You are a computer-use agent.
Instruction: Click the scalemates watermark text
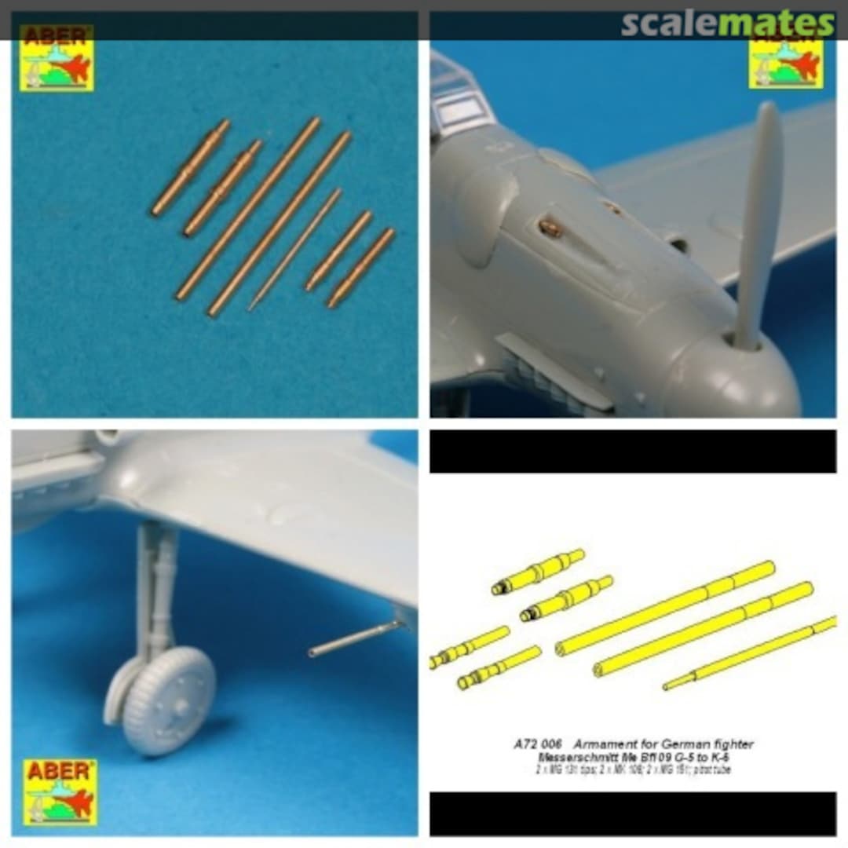point(728,24)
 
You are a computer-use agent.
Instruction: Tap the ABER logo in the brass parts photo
point(57,59)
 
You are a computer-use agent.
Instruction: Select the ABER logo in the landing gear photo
point(60,791)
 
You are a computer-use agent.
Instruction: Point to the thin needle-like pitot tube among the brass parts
point(296,249)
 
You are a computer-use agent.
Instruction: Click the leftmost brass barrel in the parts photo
point(191,167)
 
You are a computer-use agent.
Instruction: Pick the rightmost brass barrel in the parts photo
point(361,268)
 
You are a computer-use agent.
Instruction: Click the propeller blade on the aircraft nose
point(759,220)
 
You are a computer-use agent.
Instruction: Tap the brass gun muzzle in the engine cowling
point(550,228)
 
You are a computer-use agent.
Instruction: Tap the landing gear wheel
point(168,700)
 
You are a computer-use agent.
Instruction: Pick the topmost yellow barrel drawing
point(539,571)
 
